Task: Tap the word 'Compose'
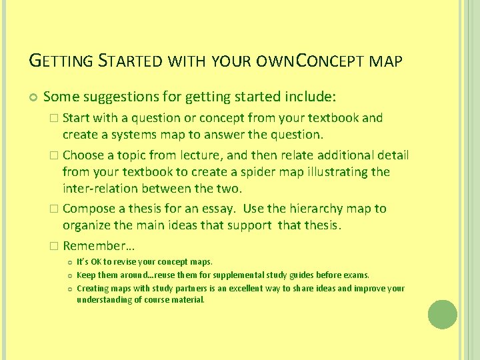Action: point(89,209)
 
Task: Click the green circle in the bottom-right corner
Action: point(442,315)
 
